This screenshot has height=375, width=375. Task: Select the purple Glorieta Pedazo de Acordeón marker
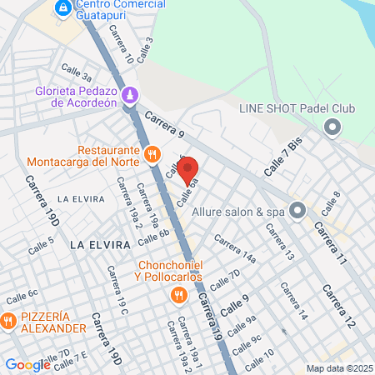(x=130, y=95)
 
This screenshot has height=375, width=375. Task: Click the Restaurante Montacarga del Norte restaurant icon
(x=152, y=153)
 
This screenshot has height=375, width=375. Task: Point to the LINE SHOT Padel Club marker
(x=332, y=127)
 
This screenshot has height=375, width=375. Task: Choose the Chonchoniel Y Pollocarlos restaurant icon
(x=178, y=295)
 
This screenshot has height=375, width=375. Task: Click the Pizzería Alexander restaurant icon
(x=7, y=320)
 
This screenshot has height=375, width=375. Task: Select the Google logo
(x=28, y=364)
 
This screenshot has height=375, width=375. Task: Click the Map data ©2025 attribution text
(x=338, y=368)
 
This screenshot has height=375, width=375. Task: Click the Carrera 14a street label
(x=234, y=249)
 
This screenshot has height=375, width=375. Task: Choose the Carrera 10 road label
(x=122, y=44)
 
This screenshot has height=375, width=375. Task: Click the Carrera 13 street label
(x=279, y=242)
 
